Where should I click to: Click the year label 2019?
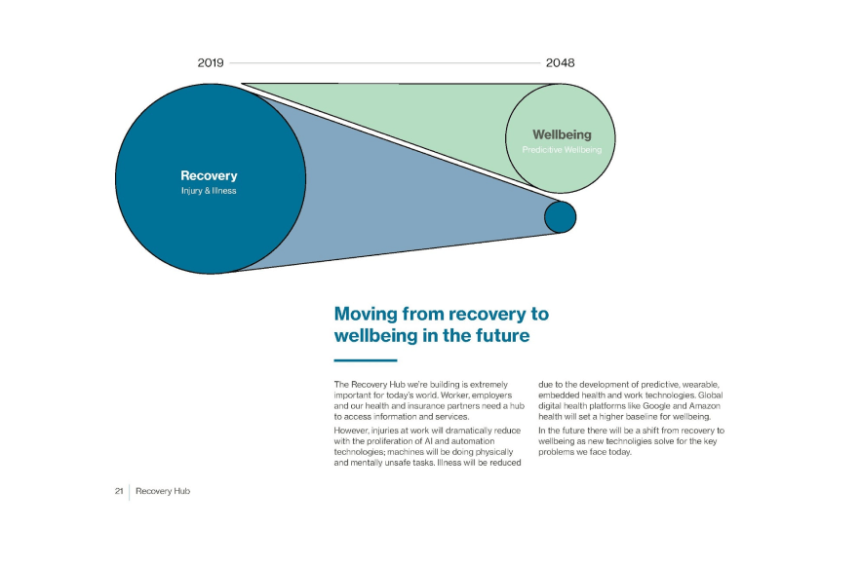(x=211, y=62)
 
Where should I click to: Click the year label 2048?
(x=560, y=62)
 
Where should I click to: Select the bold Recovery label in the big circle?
(x=209, y=176)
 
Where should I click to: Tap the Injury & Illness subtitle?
(x=209, y=191)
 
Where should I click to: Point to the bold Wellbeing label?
(x=561, y=134)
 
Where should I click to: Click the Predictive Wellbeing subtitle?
(x=562, y=150)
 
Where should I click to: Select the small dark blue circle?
(x=560, y=216)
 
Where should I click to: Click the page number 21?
(x=118, y=491)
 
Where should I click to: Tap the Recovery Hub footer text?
(x=163, y=491)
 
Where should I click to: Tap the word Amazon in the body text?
(x=700, y=406)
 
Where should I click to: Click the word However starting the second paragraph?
(x=354, y=430)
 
